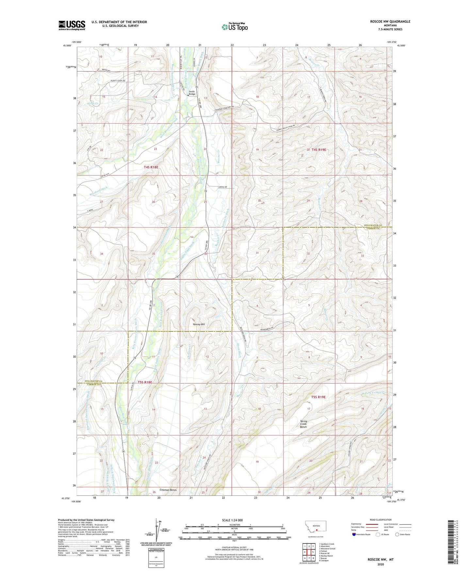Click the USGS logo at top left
72,25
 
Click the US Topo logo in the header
235,27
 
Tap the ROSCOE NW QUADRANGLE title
390,22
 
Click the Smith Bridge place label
192,93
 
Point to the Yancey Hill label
199,324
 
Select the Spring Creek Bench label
303,424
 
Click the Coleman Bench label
168,490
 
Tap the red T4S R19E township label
319,150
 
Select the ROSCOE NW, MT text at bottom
381,560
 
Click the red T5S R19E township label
318,397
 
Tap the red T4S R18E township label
151,167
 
